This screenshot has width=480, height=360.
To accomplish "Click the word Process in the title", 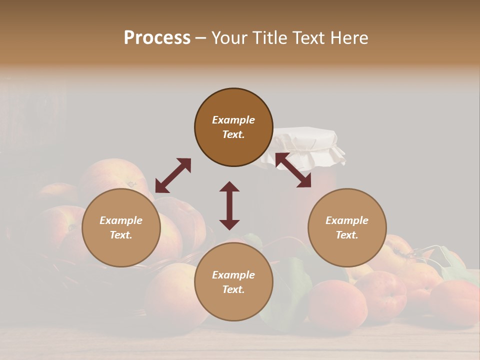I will [157, 37].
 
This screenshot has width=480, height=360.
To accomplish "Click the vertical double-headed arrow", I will [229, 205].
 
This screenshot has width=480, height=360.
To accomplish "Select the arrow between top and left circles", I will [173, 175].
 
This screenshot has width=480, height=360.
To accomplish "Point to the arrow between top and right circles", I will [293, 170].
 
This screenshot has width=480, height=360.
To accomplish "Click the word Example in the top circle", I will [233, 120].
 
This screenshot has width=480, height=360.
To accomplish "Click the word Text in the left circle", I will [121, 235].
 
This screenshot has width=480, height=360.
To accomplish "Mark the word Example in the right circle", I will [347, 220].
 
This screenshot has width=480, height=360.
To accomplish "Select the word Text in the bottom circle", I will [233, 289].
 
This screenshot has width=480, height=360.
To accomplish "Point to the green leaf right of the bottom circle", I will [295, 285].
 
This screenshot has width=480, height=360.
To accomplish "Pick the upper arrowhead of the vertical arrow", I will [229, 187].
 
